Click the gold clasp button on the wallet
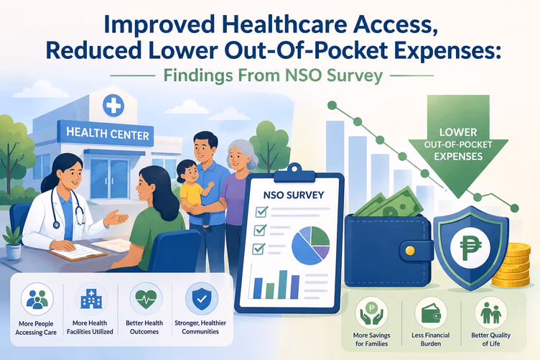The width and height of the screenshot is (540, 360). [x=409, y=251]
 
